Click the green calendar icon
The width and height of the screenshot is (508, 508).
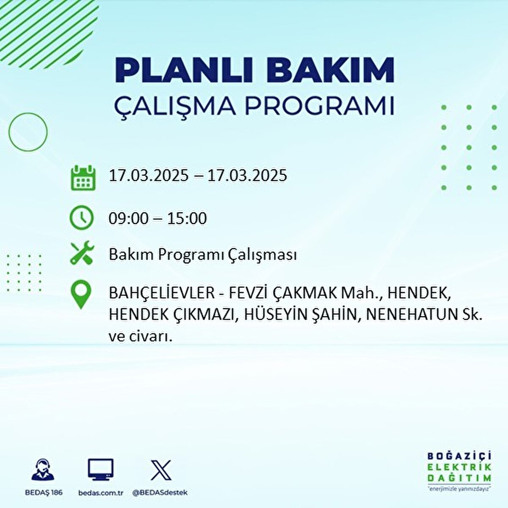[82, 178]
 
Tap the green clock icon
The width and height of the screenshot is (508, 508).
[81, 218]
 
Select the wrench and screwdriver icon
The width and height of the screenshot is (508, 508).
[82, 253]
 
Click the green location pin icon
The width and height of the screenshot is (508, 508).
[81, 295]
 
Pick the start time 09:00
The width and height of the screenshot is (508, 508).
[129, 218]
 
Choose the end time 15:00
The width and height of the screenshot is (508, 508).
[187, 218]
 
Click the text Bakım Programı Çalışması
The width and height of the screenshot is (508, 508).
[202, 255]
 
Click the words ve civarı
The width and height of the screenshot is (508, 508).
[141, 337]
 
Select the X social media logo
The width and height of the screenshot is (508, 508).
[161, 470]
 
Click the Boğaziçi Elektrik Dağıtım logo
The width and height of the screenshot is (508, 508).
[459, 472]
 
